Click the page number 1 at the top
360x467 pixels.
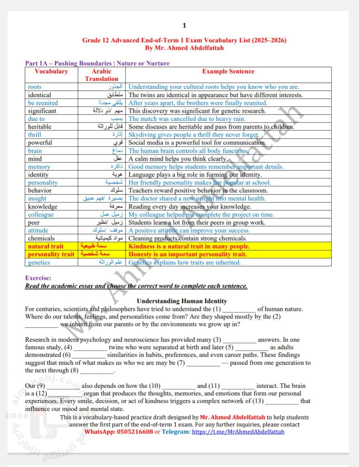[x=184, y=25]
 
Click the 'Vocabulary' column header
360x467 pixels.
[x=51, y=72]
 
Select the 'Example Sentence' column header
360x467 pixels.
[x=228, y=72]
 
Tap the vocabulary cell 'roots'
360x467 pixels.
[x=35, y=87]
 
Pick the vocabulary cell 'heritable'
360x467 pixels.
[x=40, y=127]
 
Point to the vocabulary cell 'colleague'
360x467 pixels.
[x=41, y=215]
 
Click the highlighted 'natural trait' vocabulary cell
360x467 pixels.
[x=46, y=246]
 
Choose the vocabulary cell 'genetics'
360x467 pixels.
[x=39, y=262]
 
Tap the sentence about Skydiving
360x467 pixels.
[x=194, y=135]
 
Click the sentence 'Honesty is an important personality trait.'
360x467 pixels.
[x=187, y=254]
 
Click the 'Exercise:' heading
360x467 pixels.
[x=38, y=278]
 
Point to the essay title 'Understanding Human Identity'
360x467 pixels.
[x=182, y=301]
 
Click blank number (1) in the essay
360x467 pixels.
[x=239, y=309]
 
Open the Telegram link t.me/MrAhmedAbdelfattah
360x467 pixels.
[x=238, y=432]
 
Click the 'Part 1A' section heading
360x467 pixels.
[x=97, y=63]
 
